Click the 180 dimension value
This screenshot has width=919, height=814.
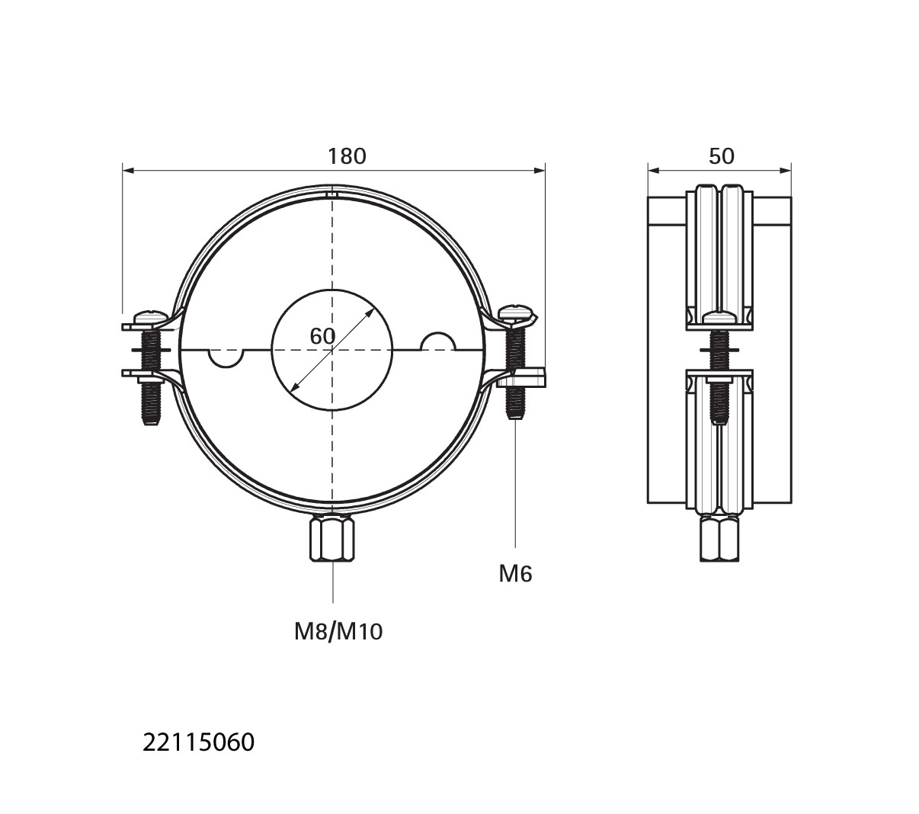(x=347, y=156)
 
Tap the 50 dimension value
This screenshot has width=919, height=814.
(x=721, y=156)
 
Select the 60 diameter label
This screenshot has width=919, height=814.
(x=322, y=336)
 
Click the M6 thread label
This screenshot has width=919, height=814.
(x=515, y=574)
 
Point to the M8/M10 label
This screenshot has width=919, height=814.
(x=338, y=632)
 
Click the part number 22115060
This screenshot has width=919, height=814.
(x=199, y=742)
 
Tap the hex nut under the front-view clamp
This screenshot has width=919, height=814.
(x=332, y=540)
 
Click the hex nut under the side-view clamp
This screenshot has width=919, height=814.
(x=719, y=539)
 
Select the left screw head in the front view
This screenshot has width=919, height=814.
(x=152, y=316)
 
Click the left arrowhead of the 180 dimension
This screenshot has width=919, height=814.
(x=128, y=171)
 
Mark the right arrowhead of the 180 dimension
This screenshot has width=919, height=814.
(x=540, y=171)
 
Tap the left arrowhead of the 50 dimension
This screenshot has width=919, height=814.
(x=653, y=171)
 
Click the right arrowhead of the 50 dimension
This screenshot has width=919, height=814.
(x=786, y=171)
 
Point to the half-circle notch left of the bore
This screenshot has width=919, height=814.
(x=226, y=358)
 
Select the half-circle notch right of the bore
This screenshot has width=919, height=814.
(x=437, y=341)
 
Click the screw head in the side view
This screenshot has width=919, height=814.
(x=719, y=317)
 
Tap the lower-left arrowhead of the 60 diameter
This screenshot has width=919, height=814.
(x=294, y=387)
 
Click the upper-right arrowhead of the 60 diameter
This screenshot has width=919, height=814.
(x=370, y=312)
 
